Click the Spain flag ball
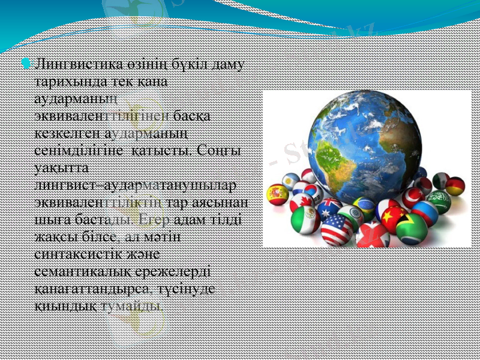(x=278, y=194)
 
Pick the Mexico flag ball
(x=305, y=220)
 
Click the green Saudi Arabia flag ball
(x=439, y=201)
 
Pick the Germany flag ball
(x=455, y=186)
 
